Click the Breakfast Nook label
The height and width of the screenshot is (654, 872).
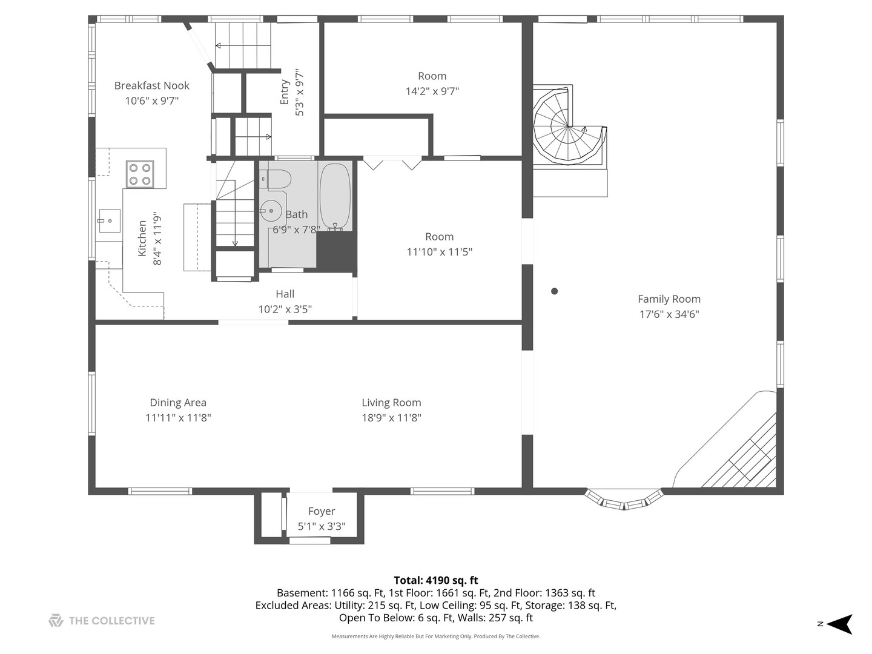click(x=152, y=85)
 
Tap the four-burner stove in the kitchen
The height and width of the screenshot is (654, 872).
click(x=140, y=174)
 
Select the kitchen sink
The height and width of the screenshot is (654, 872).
click(x=109, y=221)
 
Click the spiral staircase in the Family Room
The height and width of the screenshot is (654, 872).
click(x=569, y=127)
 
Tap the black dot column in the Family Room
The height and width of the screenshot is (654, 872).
click(x=554, y=291)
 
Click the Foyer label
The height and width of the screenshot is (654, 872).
click(x=322, y=511)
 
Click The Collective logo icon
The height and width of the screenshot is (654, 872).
click(x=56, y=620)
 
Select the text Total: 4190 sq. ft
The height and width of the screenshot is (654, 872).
click(x=436, y=581)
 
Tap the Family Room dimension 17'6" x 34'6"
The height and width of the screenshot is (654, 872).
click(x=669, y=314)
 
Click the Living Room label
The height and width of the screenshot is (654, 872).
click(x=391, y=403)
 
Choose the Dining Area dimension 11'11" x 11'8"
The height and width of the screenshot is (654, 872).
click(x=178, y=418)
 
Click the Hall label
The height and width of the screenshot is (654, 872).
click(x=285, y=294)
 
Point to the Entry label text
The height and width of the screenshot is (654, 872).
click(x=284, y=92)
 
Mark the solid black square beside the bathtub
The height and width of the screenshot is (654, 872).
click(x=336, y=252)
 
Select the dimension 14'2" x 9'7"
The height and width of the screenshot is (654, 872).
click(x=432, y=91)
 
